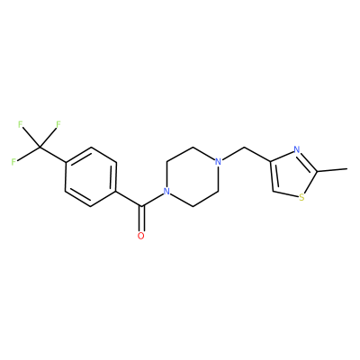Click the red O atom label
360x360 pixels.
click(x=141, y=236)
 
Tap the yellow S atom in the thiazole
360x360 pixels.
click(x=301, y=198)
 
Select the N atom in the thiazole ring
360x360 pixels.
click(x=297, y=149)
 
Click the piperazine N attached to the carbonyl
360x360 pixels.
click(x=166, y=191)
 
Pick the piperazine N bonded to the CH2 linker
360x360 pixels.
click(x=219, y=162)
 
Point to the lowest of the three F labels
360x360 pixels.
click(x=13, y=162)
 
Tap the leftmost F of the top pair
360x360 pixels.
click(x=21, y=124)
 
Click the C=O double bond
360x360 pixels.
click(x=141, y=219)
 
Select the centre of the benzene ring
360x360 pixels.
click(x=91, y=176)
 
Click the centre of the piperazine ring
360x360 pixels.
click(x=193, y=176)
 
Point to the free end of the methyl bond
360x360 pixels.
click(x=346, y=169)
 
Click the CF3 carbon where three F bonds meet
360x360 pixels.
click(x=40, y=147)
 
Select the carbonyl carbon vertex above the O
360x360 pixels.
click(x=141, y=206)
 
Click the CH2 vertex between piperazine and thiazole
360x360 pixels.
click(x=245, y=147)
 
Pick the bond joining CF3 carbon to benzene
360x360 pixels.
click(x=52, y=155)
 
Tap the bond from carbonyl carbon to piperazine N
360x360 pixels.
click(x=152, y=200)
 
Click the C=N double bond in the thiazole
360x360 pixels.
click(x=308, y=161)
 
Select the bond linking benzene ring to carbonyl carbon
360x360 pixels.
click(x=129, y=199)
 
